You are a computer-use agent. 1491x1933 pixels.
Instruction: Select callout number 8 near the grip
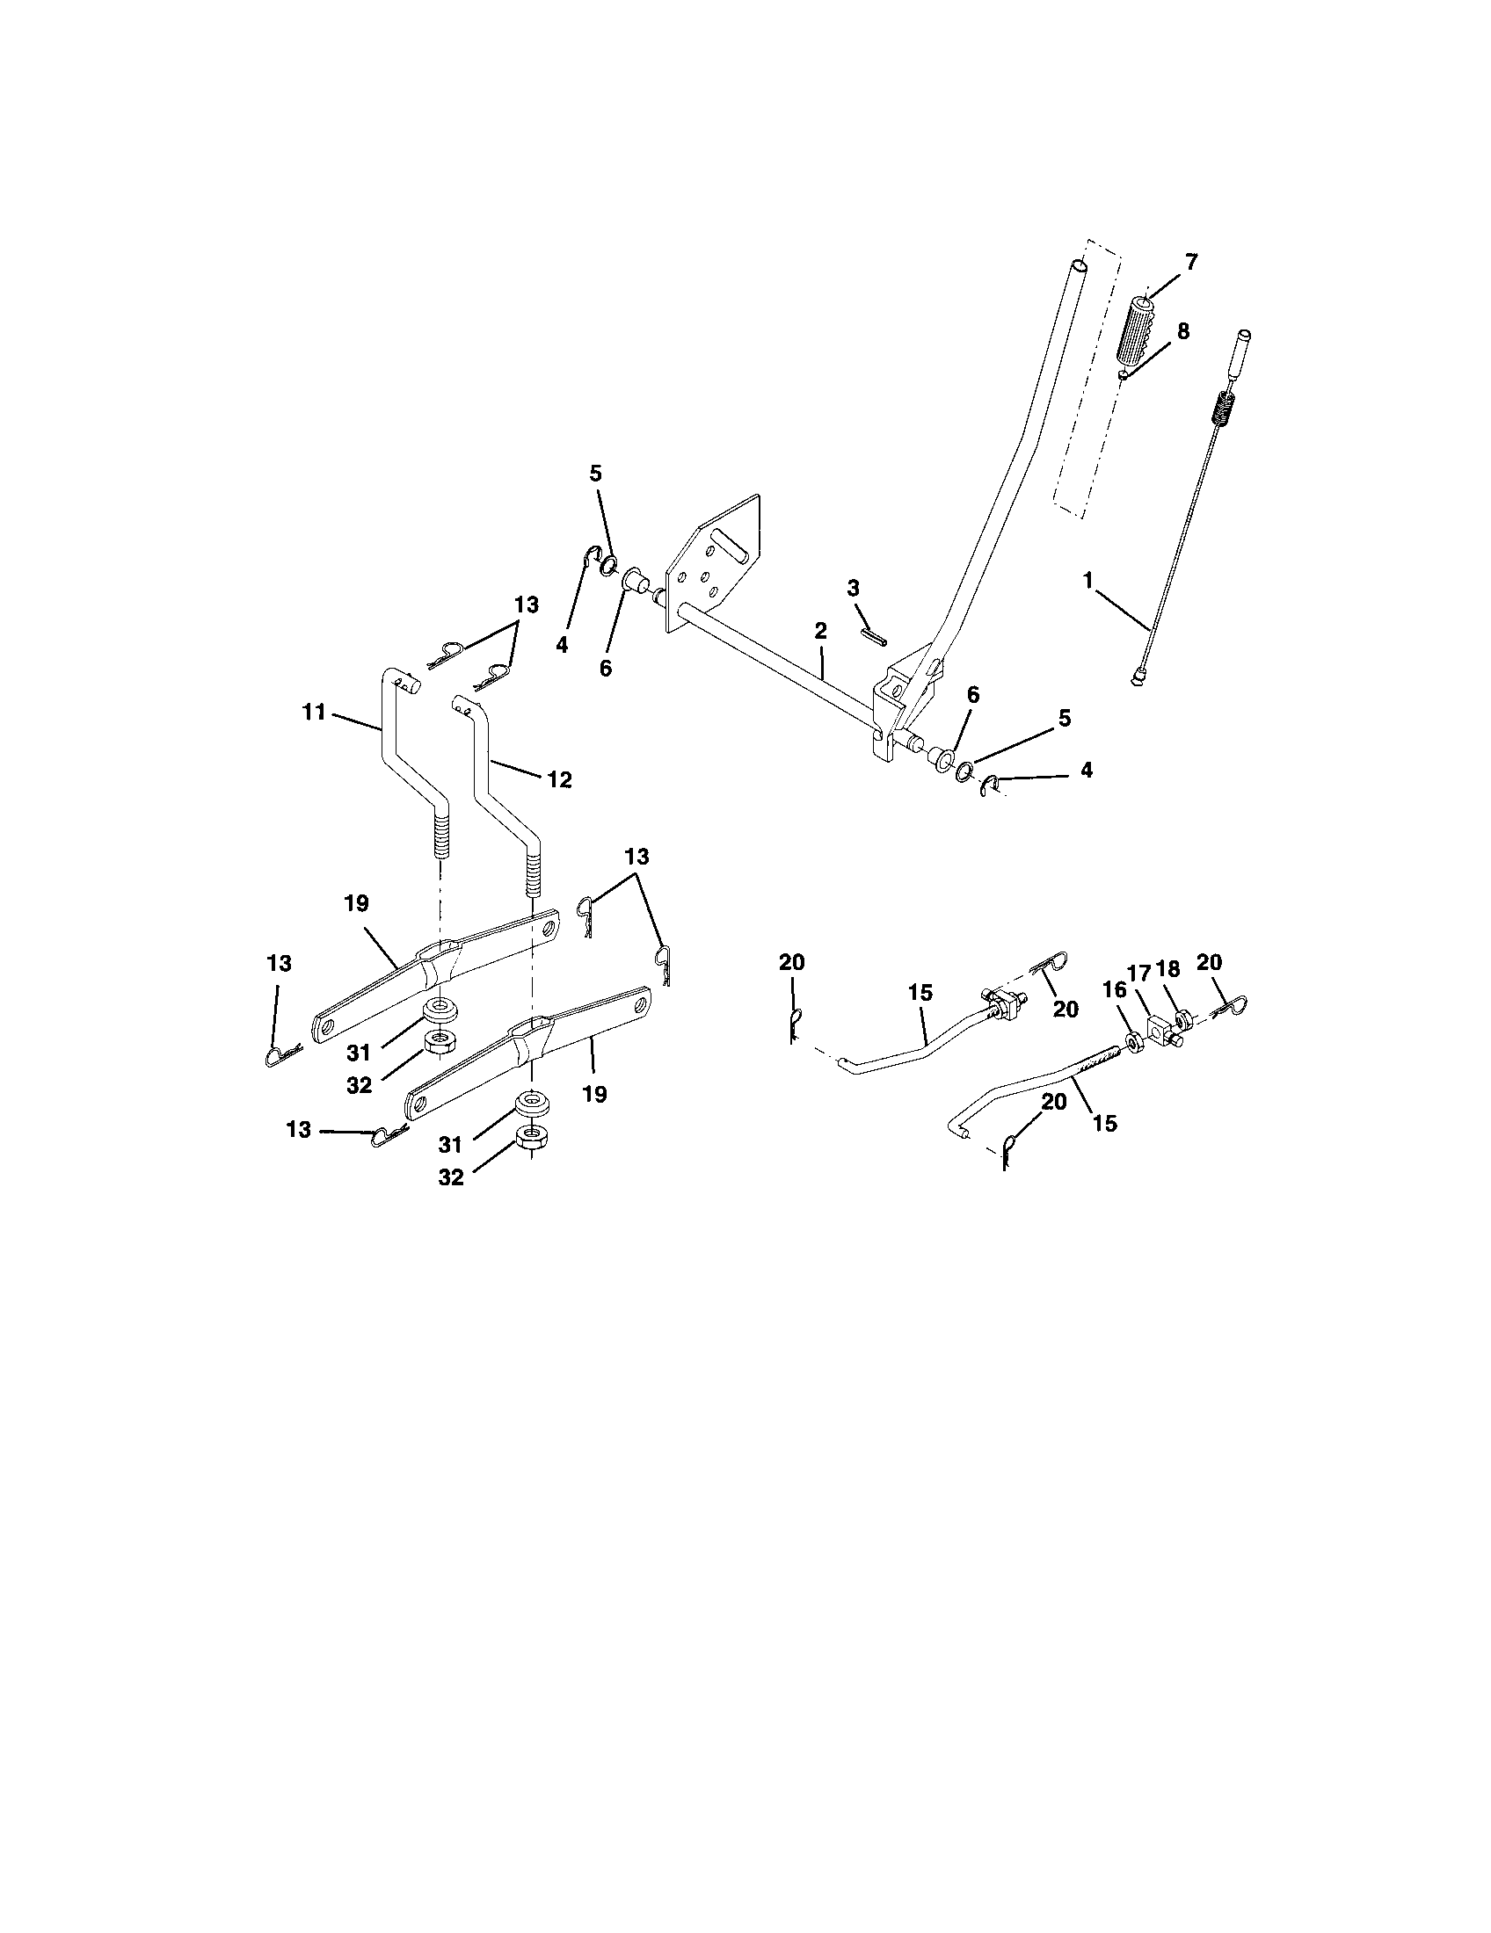[1182, 331]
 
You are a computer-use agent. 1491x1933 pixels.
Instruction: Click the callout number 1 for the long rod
[1087, 581]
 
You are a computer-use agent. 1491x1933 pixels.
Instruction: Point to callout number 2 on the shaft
[820, 631]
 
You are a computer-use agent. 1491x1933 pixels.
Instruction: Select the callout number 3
[853, 588]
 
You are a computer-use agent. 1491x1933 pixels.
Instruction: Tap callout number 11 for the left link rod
[315, 712]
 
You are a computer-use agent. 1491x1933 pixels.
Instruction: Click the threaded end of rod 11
[440, 836]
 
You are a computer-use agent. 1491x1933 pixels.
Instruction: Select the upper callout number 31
[358, 1053]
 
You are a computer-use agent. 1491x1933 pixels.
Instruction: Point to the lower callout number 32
[451, 1178]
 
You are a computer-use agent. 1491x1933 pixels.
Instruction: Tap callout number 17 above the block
[1138, 974]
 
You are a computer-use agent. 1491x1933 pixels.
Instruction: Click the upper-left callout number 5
[595, 474]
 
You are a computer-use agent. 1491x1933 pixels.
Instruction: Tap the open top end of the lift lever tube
[1080, 264]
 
